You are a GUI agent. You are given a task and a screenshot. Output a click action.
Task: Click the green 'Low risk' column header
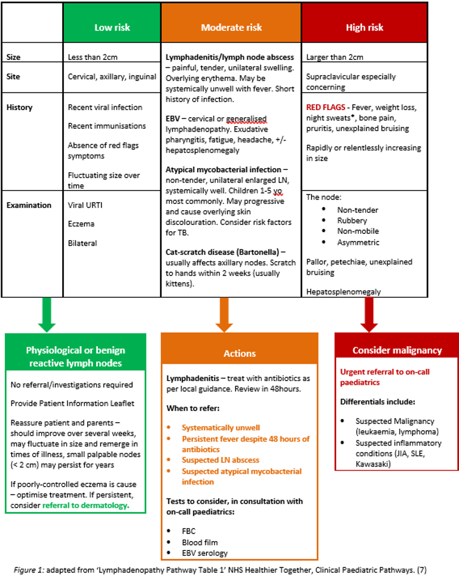112,27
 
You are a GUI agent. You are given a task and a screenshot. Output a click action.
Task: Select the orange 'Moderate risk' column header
231,27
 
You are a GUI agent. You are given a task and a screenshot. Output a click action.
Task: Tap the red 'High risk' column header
364,27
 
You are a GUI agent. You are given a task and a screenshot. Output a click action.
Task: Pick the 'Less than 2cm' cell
93,57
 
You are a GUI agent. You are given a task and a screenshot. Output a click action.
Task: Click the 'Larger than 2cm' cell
334,57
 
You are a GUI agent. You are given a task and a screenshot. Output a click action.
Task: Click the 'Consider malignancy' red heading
397,350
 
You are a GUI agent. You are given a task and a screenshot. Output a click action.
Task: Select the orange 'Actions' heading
240,353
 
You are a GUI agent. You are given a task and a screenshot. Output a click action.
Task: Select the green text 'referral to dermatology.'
85,505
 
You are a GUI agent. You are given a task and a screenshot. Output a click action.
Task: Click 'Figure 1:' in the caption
28,569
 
